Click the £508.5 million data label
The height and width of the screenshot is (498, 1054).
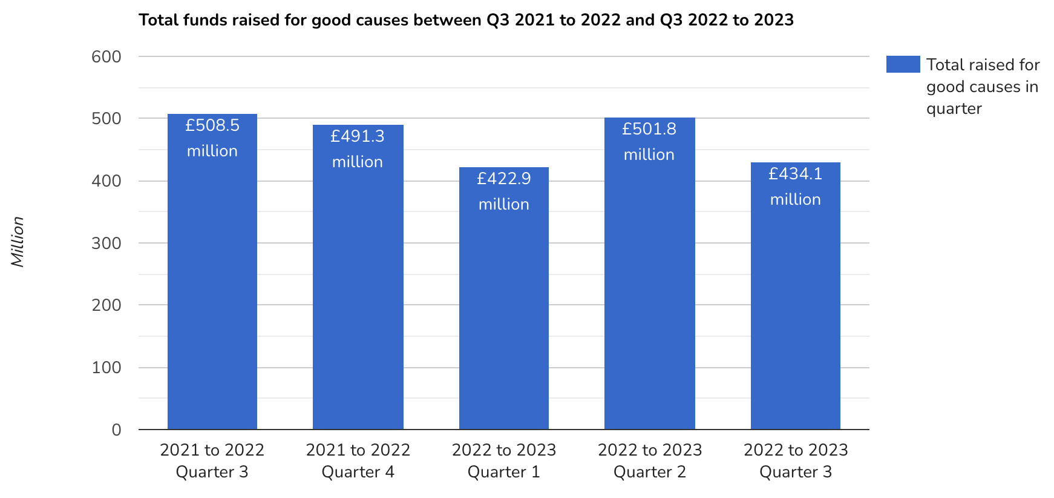click(x=212, y=138)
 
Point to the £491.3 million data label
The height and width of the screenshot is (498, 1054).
click(x=358, y=149)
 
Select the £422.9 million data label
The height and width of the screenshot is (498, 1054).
click(x=504, y=191)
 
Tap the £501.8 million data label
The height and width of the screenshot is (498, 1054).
click(x=649, y=142)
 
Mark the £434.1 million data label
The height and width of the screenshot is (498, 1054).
click(x=795, y=187)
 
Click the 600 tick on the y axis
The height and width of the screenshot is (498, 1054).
click(x=106, y=57)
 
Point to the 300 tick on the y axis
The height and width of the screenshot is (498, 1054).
click(x=106, y=244)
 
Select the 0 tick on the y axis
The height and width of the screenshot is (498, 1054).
click(x=116, y=430)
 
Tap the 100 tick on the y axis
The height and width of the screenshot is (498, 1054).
click(x=106, y=368)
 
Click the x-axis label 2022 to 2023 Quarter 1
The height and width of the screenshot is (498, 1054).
click(x=504, y=461)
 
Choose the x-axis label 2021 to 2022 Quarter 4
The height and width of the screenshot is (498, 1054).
click(x=358, y=461)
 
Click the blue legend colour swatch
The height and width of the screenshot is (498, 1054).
click(x=903, y=64)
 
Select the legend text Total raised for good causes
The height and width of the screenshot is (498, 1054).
click(x=983, y=87)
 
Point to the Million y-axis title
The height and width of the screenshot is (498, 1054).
click(x=18, y=242)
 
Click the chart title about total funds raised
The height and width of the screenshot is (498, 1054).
click(x=466, y=20)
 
